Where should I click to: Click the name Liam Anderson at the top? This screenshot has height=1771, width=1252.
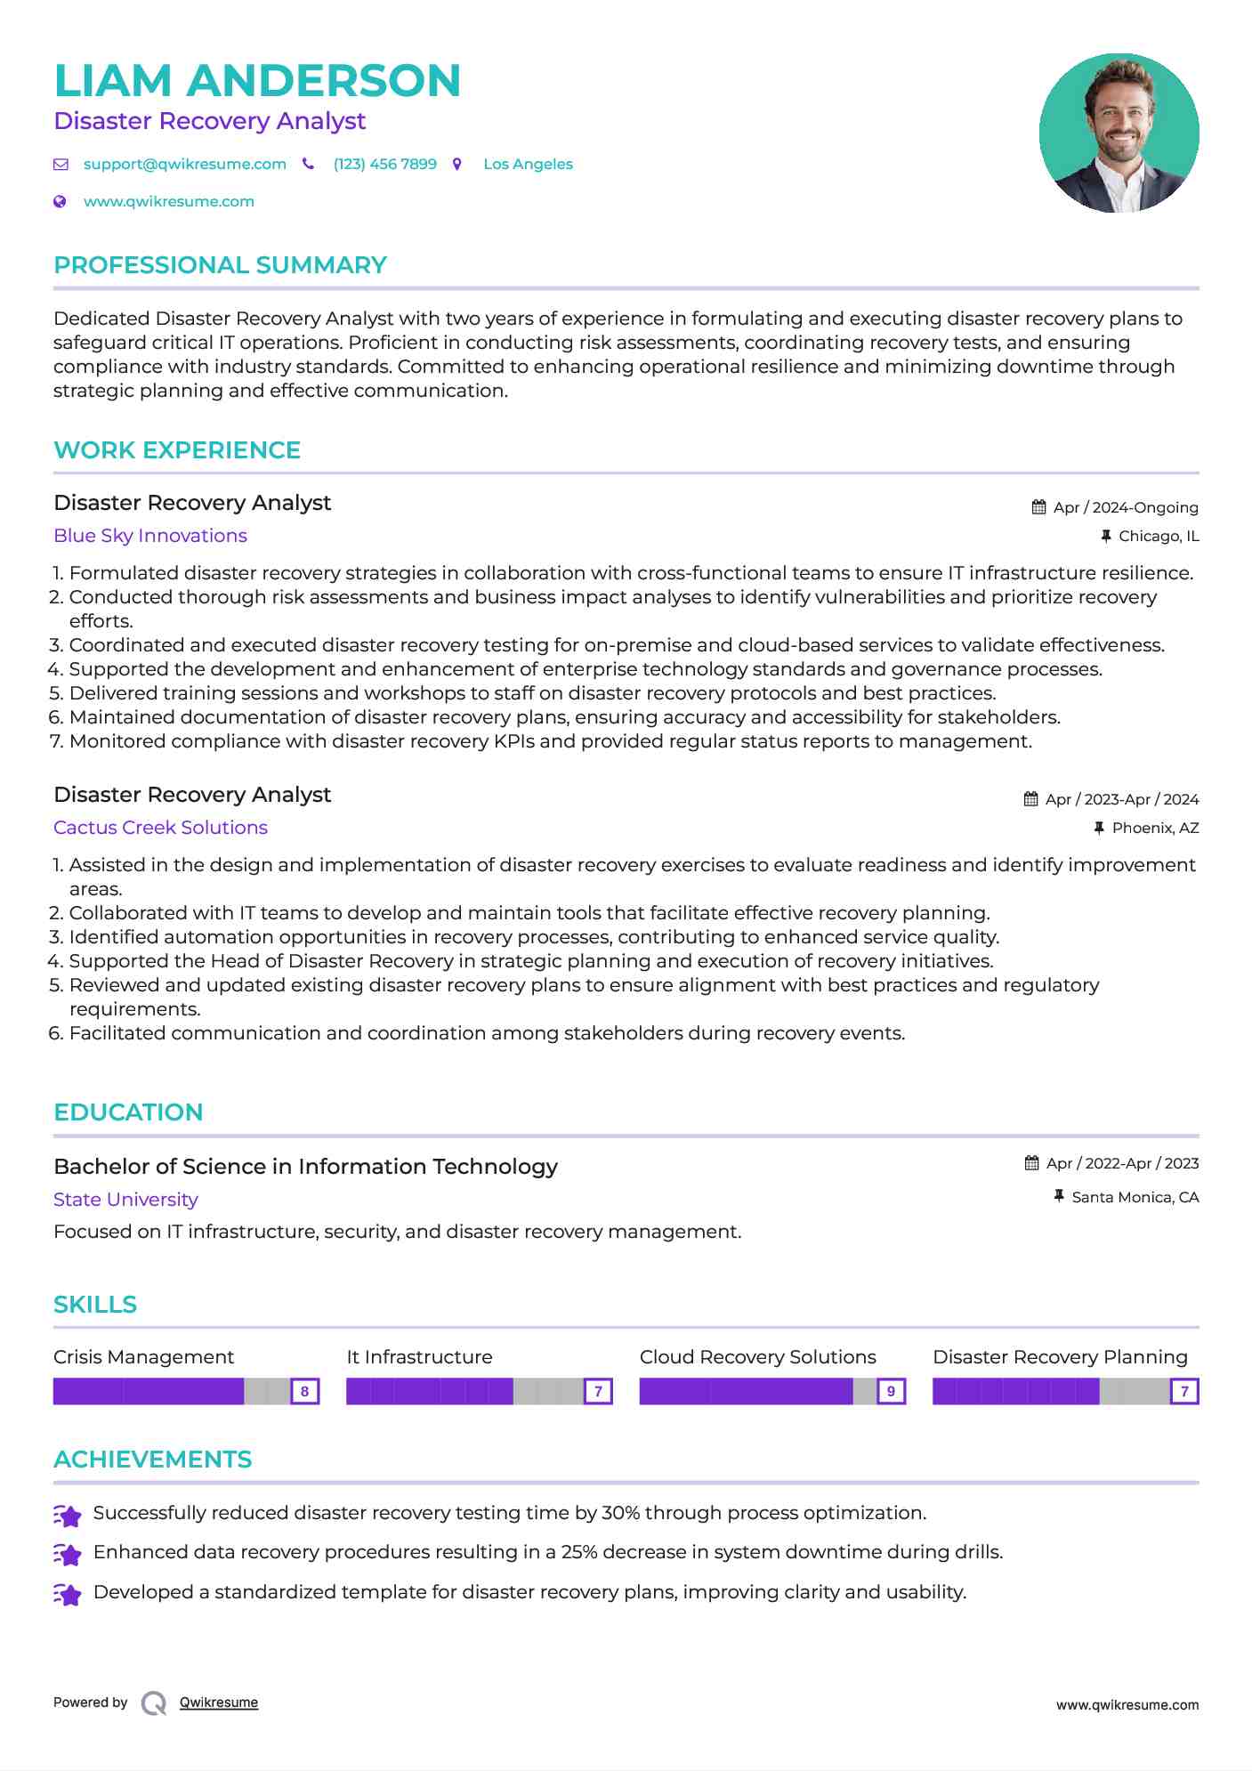257,81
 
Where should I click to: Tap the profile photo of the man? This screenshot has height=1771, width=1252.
1119,133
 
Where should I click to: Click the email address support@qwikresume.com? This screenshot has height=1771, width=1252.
184,165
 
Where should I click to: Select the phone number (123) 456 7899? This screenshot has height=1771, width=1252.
384,165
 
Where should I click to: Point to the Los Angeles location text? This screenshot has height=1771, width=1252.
528,165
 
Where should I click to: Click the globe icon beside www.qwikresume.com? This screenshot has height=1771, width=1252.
61,202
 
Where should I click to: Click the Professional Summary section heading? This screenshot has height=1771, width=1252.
220,265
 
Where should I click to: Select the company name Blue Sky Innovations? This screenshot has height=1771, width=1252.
150,536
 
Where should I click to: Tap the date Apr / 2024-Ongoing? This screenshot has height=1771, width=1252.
1125,508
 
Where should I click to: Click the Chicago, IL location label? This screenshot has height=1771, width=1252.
1158,537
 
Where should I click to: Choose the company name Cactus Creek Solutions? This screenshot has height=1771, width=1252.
160,828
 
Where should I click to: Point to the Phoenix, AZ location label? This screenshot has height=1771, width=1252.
1155,829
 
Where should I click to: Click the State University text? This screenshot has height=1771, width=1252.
125,1200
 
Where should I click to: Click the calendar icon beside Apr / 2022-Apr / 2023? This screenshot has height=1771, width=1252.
1032,1163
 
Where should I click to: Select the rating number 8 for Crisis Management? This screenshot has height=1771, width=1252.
304,1392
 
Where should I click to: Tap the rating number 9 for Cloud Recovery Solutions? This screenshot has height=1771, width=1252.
891,1392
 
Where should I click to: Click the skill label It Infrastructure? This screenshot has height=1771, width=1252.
419,1357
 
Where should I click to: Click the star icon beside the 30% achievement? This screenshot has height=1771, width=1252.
68,1515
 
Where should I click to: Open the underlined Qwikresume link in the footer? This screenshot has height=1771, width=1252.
219,1702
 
